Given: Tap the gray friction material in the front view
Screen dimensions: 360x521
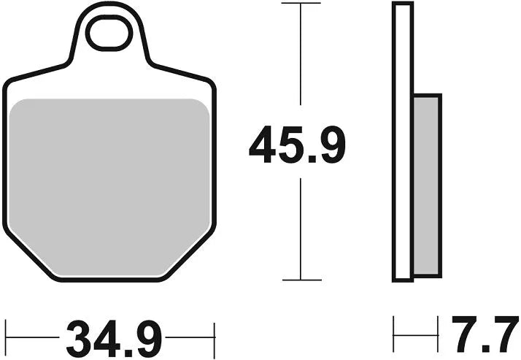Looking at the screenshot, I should pos(109,186).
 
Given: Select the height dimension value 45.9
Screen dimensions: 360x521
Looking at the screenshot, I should pos(296,145).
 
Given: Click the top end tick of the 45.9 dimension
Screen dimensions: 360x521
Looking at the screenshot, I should pos(301,4).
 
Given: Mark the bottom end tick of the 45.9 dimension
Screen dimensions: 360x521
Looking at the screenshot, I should pos(301,279).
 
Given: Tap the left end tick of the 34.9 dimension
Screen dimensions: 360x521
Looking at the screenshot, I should pos(6,337).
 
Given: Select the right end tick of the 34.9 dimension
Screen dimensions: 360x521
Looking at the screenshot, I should pos(215,337).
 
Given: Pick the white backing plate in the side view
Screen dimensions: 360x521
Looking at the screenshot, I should pos(401,142).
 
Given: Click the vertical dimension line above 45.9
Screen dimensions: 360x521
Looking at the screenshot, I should pos(301,58).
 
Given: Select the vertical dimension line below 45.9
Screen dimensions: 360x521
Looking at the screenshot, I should pos(301,226).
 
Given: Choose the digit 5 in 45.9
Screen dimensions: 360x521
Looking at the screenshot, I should pos(288,145).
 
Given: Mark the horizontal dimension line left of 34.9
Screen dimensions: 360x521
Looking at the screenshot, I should pos(33,337).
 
